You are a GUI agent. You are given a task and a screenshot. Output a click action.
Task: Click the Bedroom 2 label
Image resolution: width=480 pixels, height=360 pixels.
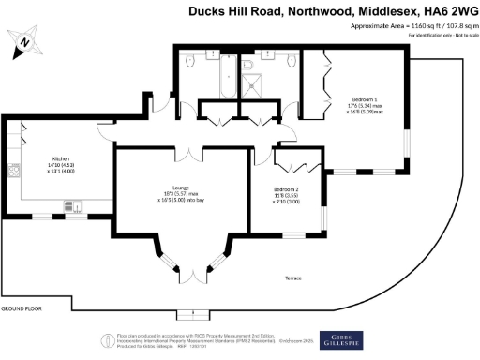click(285, 190)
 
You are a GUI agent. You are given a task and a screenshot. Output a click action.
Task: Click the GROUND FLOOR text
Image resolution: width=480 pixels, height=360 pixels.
click(21, 308)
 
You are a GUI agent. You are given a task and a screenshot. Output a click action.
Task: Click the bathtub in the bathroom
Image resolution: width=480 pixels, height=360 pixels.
click(224, 79)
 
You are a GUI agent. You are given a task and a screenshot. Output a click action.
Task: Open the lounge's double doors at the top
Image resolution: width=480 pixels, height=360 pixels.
click(193, 149)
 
